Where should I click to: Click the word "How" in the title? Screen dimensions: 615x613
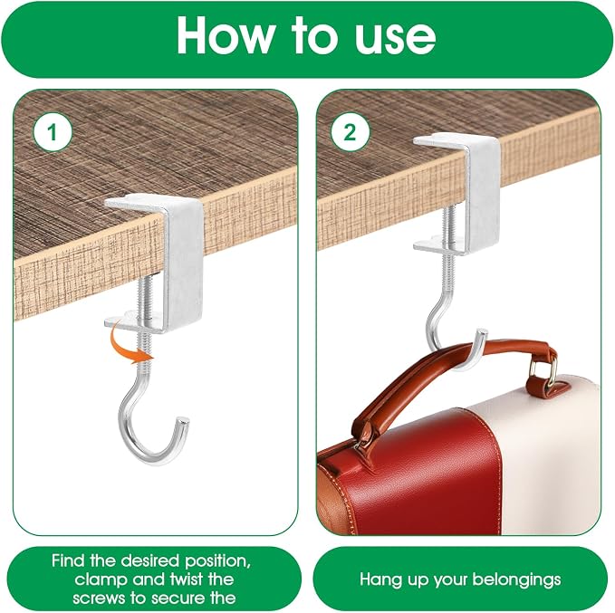[226, 35]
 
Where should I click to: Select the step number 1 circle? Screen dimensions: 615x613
[53, 132]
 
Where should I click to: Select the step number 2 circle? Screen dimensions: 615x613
[350, 132]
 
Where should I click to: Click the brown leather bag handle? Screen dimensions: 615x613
[451, 377]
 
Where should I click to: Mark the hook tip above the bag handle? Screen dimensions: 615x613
[482, 334]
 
